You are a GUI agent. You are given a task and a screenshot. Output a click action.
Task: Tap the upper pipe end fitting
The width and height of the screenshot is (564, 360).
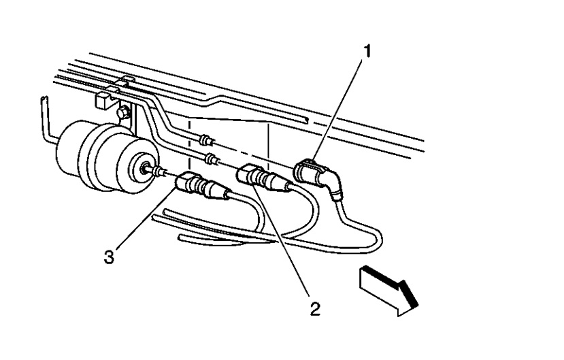point(204,140)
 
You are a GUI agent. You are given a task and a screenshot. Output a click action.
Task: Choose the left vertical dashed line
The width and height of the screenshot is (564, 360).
point(188,143)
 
